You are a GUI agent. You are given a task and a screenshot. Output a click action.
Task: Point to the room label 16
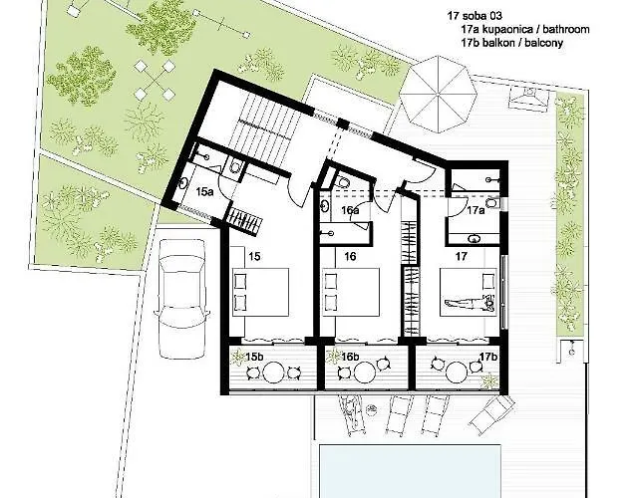tap(350, 256)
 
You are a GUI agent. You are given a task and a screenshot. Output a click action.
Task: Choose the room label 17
tap(461, 256)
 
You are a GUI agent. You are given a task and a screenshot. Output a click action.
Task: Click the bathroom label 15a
tap(204, 189)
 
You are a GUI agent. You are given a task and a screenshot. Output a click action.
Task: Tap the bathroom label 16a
tap(350, 210)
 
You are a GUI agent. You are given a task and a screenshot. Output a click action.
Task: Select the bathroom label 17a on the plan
tap(476, 210)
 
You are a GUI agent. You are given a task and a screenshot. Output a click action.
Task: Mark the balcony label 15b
tap(255, 357)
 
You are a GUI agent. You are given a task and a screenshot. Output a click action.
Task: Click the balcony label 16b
tap(350, 357)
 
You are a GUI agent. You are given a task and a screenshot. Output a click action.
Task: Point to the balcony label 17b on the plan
tap(487, 357)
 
